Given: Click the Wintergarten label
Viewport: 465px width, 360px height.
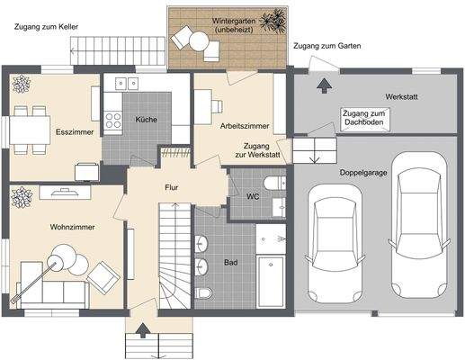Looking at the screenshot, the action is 234,22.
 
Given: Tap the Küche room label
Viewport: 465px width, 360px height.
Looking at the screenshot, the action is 146,120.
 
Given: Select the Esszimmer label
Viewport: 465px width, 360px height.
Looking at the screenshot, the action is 75,132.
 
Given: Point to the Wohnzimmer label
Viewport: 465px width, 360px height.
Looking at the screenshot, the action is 72,227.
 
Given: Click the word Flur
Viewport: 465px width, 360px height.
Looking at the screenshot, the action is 172,187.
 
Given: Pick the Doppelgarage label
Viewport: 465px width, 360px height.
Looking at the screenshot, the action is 363,173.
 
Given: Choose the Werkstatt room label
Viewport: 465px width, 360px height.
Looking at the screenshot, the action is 401,97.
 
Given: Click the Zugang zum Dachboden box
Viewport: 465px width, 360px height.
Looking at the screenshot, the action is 365,120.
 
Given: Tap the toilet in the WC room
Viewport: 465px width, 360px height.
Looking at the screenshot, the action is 274,183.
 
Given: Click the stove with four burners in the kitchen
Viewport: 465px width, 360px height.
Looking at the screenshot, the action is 113,120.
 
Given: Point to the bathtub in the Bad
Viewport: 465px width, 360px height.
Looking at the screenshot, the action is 271,282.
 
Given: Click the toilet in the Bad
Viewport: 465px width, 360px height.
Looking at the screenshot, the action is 203,292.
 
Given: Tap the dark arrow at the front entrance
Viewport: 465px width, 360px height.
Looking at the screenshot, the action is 143,330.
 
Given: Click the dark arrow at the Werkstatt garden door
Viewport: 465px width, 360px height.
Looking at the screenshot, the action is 324,85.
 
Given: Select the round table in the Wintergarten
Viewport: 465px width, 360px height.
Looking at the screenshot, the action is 200,41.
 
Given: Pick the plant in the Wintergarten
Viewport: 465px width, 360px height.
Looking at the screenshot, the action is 273,21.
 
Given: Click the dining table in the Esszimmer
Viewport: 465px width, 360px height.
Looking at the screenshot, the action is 30,130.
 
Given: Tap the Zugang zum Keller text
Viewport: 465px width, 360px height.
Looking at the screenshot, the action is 46,27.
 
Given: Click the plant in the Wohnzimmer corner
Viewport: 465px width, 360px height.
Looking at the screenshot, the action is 22,197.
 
